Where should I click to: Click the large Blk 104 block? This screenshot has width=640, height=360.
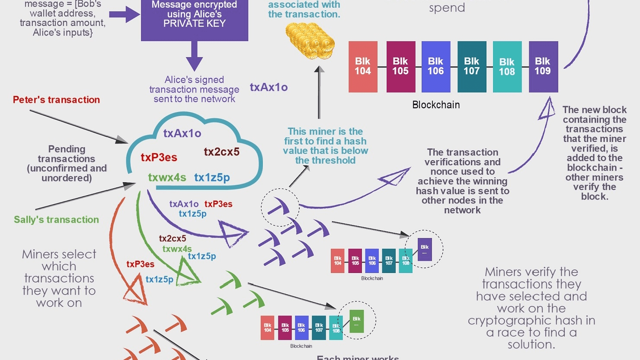363,67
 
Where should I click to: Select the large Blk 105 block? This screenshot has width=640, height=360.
400,67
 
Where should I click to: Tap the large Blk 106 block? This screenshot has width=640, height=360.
435,67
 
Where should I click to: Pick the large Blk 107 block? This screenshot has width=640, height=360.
471,67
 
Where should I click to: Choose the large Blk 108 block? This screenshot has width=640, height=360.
507,67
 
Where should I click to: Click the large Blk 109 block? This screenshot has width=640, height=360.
543,67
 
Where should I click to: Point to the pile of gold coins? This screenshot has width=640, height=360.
310,41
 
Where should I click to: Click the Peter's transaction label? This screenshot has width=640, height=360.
56,100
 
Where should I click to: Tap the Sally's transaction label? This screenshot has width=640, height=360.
56,220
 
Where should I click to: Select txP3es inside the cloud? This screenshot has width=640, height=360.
159,157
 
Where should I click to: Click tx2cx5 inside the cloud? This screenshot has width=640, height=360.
221,152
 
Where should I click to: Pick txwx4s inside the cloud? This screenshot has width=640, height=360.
167,177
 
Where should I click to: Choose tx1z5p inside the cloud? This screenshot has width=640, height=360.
212,177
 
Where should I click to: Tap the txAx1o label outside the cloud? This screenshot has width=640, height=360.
269,87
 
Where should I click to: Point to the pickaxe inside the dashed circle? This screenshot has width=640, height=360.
279,207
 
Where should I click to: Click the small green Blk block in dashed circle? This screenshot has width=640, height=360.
356,321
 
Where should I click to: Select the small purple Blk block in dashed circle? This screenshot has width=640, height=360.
425,250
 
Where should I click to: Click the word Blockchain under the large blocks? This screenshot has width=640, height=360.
436,105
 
